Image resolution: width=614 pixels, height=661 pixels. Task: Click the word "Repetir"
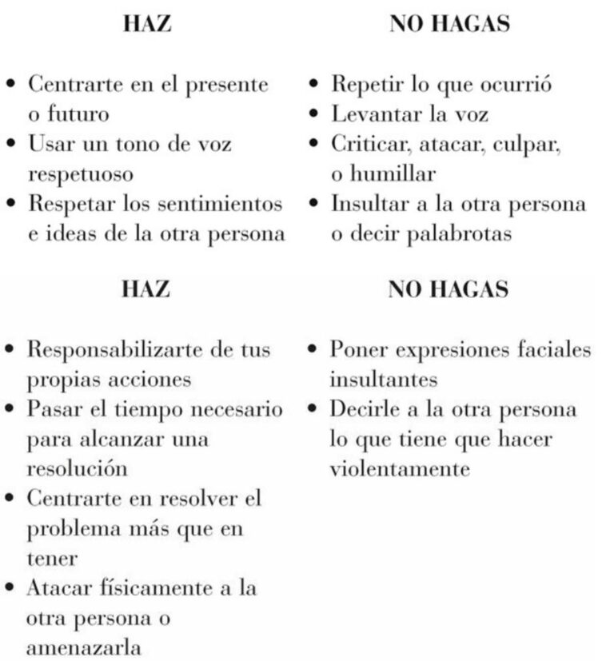point(363,84)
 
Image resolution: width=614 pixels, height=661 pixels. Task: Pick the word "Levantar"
point(372,113)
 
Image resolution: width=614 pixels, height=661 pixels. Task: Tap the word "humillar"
point(382,173)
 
